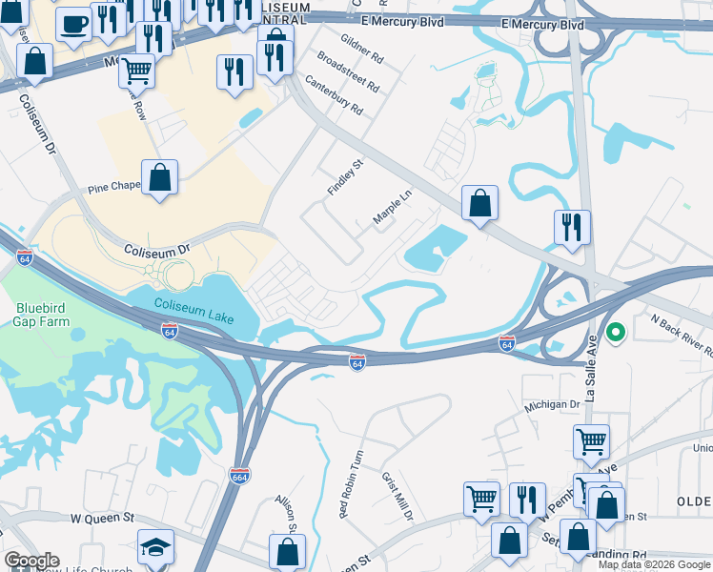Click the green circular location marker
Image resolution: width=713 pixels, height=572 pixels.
[616, 333]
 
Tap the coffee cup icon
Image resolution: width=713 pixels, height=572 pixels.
[73, 25]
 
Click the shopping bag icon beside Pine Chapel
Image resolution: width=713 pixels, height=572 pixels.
[160, 177]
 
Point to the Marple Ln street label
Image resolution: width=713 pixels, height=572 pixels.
[392, 207]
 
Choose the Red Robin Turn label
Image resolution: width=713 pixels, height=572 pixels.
[351, 485]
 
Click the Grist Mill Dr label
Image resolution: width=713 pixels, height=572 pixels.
[397, 497]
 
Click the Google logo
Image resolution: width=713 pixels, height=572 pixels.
[31, 561]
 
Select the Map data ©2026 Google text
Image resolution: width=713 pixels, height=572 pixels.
[654, 564]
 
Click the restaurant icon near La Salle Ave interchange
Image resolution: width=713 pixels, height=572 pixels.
[572, 227]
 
